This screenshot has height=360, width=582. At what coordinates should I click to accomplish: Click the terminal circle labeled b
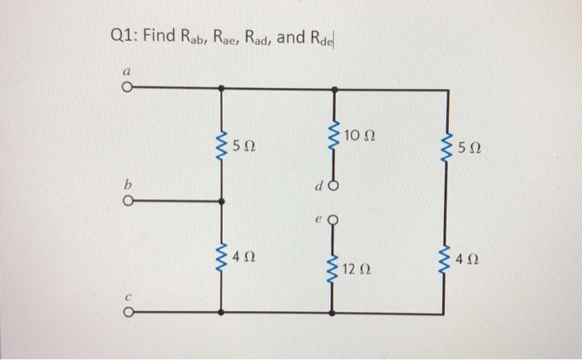[127, 200]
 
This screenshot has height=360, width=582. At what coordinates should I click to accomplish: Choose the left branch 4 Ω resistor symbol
[221, 257]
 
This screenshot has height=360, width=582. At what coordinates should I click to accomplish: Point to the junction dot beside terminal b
[221, 200]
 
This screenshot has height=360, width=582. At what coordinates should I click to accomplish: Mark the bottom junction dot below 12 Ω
[333, 313]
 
